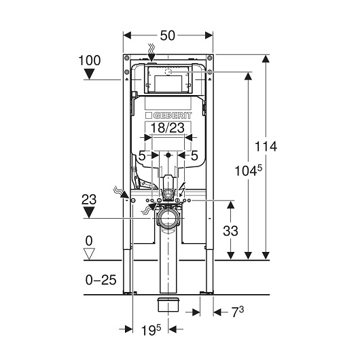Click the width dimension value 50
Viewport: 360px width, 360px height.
pos(168,35)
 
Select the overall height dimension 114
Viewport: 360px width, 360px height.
pos(266,146)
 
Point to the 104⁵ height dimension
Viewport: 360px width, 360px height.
pos(248,170)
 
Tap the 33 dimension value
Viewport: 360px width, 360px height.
pos(230,231)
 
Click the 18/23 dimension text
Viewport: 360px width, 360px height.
pos(168,128)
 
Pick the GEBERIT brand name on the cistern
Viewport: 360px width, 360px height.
pos(172,115)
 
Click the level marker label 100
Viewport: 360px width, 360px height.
pos(90,60)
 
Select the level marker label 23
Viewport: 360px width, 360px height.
pos(89,200)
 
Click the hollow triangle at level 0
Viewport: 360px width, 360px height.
pos(89,254)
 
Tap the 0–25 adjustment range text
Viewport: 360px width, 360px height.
pos(101,280)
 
